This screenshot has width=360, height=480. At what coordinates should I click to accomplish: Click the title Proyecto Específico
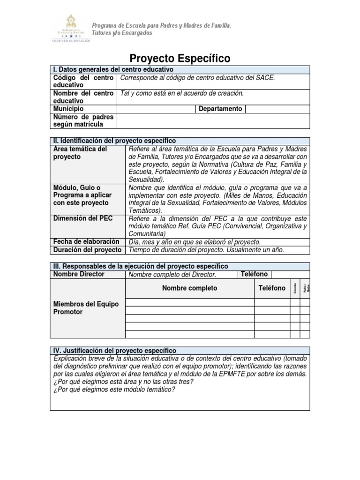180,58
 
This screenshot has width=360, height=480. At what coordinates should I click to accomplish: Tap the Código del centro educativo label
83,81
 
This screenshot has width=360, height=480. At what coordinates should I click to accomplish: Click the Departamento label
220,109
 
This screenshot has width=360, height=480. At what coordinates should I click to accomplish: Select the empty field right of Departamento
277,109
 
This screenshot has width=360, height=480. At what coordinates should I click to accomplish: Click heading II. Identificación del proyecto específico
114,141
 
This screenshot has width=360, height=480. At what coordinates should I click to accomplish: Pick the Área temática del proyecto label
80,153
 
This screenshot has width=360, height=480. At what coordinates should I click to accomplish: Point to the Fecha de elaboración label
86,241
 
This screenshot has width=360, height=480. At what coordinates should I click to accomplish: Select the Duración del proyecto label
87,250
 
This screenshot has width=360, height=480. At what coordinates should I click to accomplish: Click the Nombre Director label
79,274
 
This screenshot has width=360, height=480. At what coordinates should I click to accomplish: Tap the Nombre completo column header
189,288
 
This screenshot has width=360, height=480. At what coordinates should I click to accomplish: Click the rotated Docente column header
294,288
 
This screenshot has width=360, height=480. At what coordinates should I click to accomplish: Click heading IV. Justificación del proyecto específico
115,350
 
